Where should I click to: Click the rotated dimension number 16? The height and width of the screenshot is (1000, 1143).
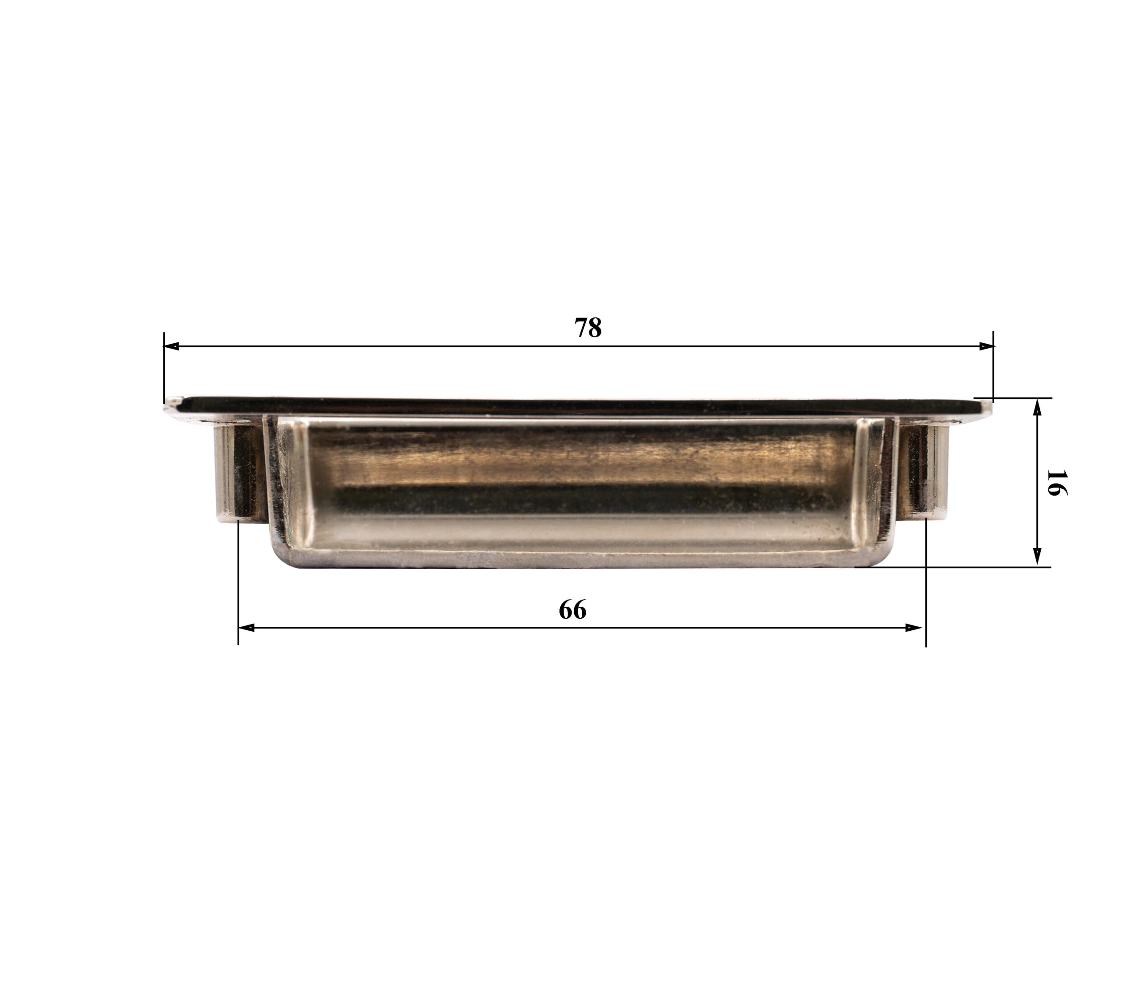1056,483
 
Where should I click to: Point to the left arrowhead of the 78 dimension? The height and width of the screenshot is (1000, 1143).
171,346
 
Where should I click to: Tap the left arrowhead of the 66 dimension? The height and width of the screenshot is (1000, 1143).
246,628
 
